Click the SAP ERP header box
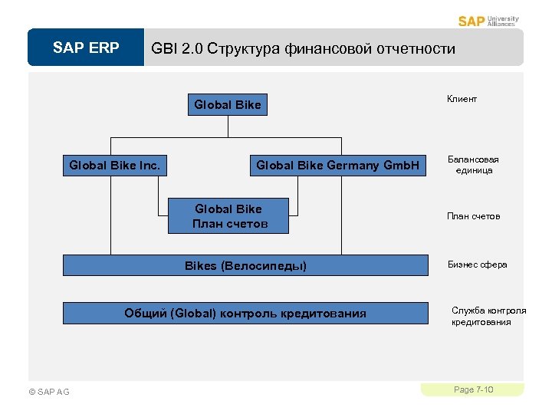[86, 48]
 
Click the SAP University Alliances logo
[488, 21]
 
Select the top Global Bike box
[228, 104]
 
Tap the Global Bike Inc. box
[115, 165]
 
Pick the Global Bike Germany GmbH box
[337, 165]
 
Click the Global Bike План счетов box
[228, 216]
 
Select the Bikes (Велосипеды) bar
[245, 265]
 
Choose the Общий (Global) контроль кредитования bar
[245, 313]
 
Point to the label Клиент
[462, 99]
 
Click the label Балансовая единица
[473, 165]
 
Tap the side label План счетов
[473, 216]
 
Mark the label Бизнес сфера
[478, 264]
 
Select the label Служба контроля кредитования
[488, 317]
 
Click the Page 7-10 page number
[473, 390]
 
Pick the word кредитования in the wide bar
[323, 313]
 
